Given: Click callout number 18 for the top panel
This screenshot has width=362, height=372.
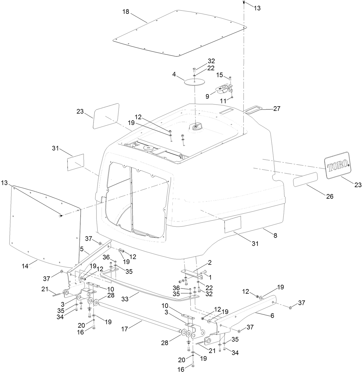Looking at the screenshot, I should [x=126, y=12].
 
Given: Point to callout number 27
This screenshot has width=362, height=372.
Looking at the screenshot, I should [x=277, y=109].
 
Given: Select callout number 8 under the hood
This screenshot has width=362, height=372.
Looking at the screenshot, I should [x=275, y=235].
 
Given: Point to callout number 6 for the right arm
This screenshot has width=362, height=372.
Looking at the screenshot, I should [x=272, y=316].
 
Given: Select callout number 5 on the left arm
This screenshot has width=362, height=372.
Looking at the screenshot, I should [x=82, y=248].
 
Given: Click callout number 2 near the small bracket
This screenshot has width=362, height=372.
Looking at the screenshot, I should [x=210, y=262].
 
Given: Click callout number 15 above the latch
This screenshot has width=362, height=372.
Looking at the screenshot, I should [x=219, y=75].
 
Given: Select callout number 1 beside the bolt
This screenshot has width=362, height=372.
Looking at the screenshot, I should [x=210, y=277].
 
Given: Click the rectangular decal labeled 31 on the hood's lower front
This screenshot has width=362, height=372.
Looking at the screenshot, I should [x=233, y=224].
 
